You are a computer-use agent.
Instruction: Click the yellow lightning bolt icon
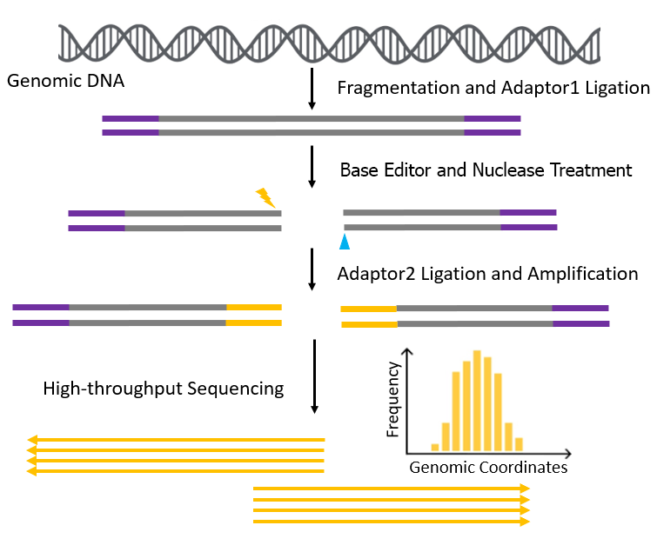click(x=265, y=197)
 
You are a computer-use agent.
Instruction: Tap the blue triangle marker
click(x=345, y=242)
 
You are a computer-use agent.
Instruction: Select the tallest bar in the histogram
click(x=477, y=401)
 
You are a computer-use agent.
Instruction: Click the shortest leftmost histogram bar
click(x=435, y=448)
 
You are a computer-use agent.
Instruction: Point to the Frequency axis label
click(x=392, y=400)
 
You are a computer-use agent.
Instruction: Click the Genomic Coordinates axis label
click(x=488, y=468)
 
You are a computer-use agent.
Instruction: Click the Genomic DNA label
click(x=66, y=81)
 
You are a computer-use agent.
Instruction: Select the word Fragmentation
click(x=399, y=89)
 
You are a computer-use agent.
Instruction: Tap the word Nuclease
click(x=508, y=170)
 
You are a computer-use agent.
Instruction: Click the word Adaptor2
click(x=376, y=274)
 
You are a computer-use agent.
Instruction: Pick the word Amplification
click(x=583, y=274)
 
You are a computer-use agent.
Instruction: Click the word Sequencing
click(x=236, y=389)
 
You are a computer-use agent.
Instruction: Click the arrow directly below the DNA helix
click(x=312, y=89)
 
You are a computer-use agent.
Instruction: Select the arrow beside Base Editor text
click(x=312, y=167)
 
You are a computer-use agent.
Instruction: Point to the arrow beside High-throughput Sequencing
click(x=314, y=376)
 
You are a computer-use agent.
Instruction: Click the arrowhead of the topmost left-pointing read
click(x=32, y=440)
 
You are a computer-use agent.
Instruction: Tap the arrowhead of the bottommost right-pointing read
click(x=525, y=522)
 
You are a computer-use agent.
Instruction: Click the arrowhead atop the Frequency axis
click(x=407, y=351)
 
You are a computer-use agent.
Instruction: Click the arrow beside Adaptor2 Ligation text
click(x=312, y=269)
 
